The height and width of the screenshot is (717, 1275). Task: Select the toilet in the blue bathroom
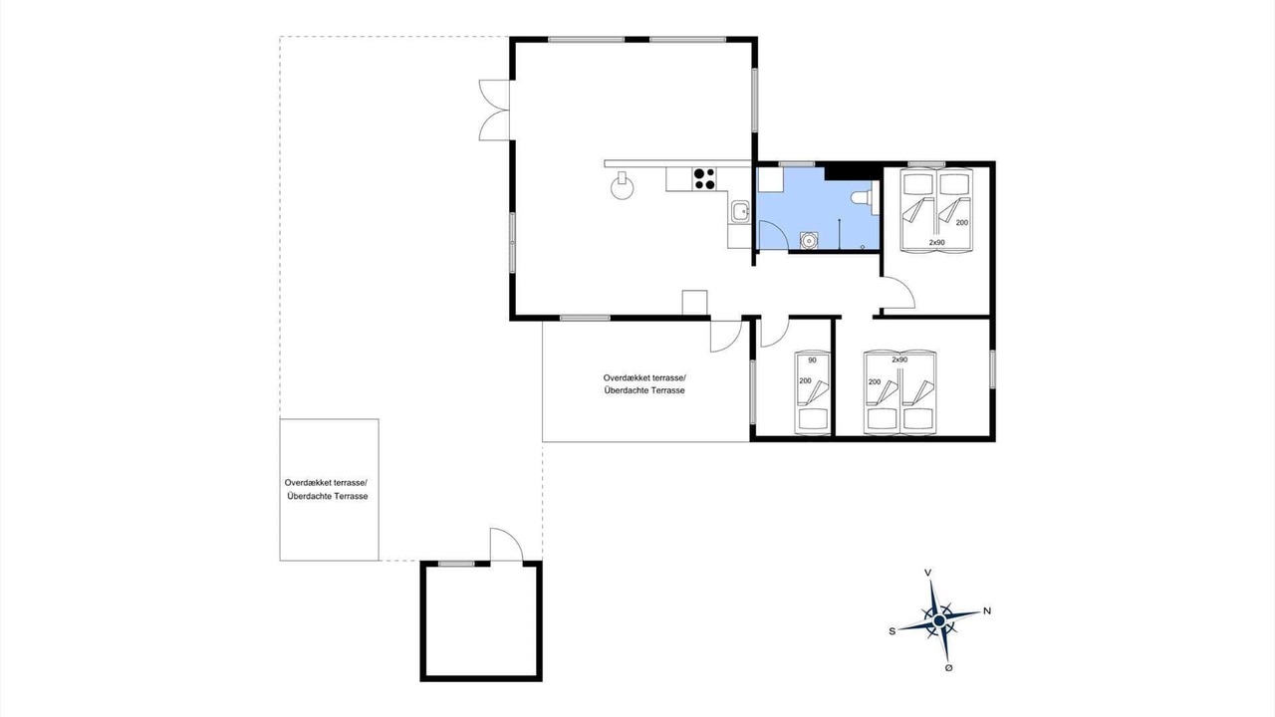(x=862, y=198)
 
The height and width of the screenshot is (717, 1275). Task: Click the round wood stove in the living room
(x=622, y=186)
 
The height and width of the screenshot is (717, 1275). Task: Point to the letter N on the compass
(x=987, y=610)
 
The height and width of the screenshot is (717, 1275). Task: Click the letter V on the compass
(x=927, y=573)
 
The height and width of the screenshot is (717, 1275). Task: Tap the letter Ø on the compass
(x=948, y=668)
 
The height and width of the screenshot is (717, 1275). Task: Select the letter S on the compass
(x=892, y=631)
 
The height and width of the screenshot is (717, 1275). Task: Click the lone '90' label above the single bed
(x=812, y=360)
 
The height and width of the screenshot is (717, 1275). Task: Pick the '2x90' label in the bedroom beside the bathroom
(x=936, y=242)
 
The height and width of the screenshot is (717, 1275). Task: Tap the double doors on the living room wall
(x=493, y=110)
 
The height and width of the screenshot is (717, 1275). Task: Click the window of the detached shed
(x=456, y=564)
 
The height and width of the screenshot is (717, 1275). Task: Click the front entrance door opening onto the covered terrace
(x=726, y=336)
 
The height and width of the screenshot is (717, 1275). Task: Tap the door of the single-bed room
(x=775, y=333)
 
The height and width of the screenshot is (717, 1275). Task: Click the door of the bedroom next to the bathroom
(x=897, y=293)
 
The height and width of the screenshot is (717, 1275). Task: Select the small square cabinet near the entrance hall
(x=694, y=302)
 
